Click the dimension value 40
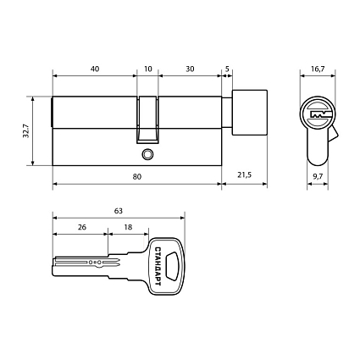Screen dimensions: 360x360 94,69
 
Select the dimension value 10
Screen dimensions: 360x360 148,69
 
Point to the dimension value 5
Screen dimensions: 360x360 227,69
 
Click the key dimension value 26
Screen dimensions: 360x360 81,229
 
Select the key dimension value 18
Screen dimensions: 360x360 128,229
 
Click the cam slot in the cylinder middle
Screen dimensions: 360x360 148,118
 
